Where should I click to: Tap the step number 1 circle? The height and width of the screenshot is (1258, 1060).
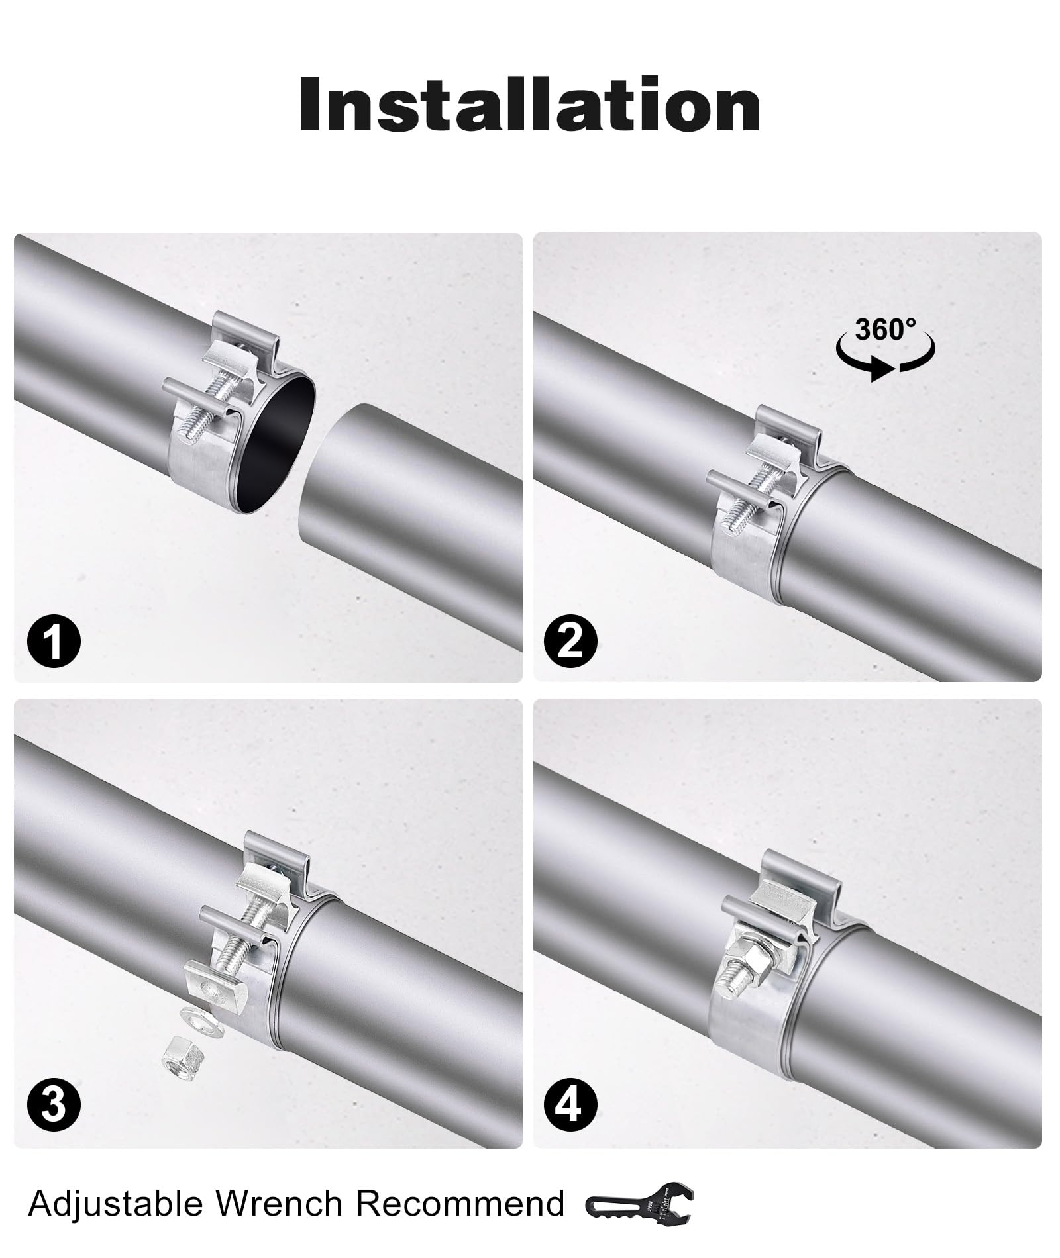(x=54, y=642)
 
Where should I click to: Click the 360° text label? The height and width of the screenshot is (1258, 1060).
(x=885, y=329)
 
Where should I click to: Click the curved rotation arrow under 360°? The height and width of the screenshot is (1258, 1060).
(x=885, y=361)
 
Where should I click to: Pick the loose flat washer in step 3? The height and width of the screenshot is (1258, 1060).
(x=199, y=1018)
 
